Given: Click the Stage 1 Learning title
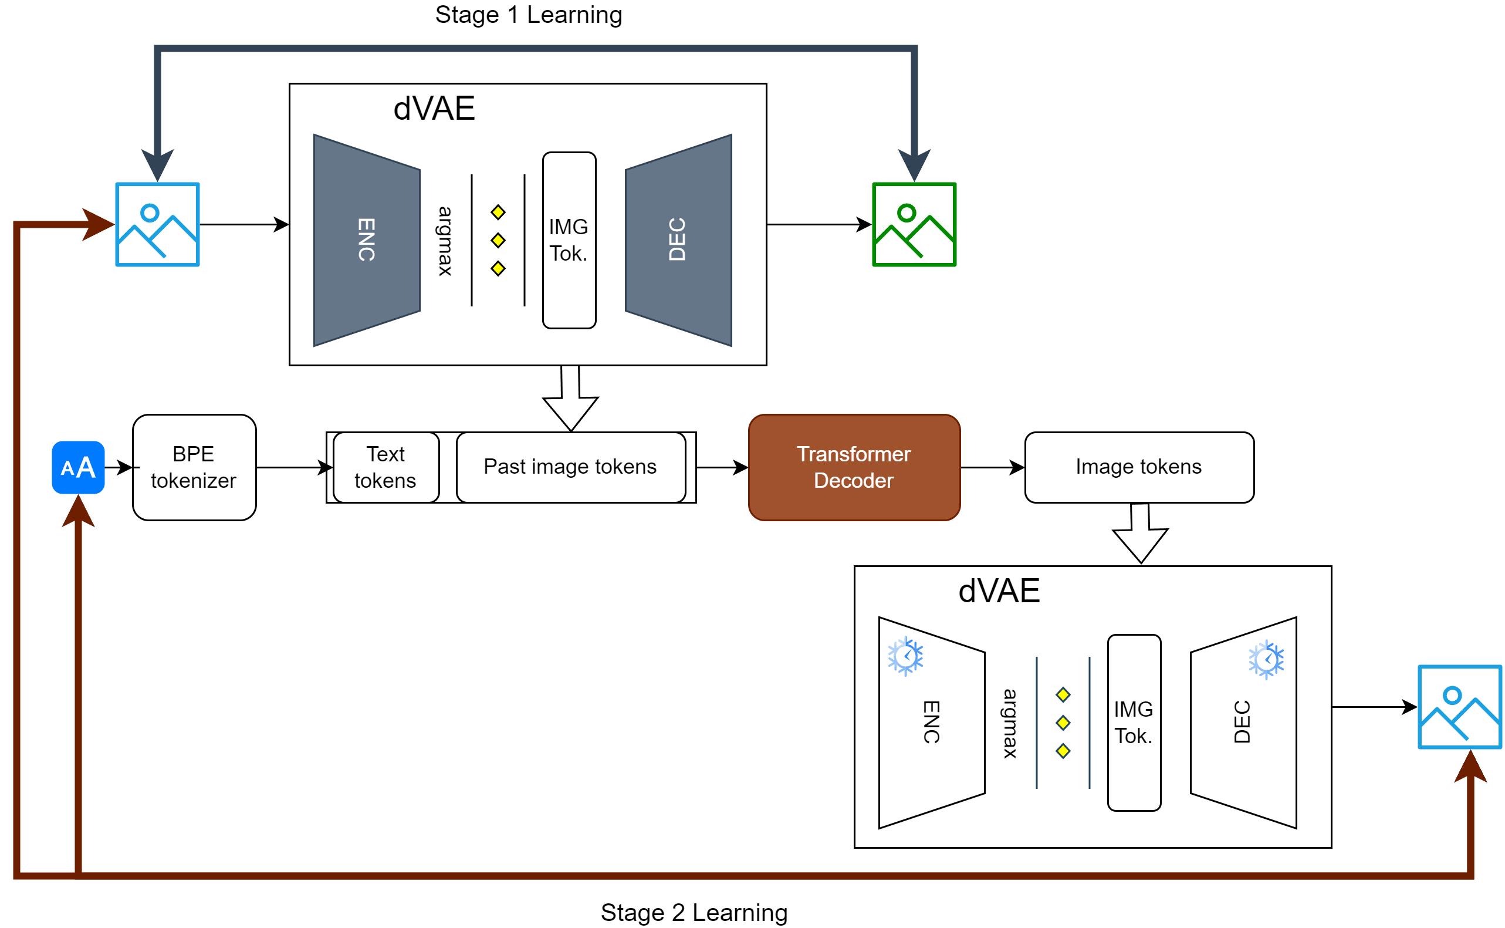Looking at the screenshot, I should click(x=528, y=15).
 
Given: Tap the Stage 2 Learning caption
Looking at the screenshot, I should click(x=694, y=912).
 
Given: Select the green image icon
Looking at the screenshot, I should click(x=914, y=225).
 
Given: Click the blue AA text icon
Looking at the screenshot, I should click(x=78, y=468).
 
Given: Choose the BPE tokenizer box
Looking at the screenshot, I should click(x=194, y=468).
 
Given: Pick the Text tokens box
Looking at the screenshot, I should click(x=385, y=468).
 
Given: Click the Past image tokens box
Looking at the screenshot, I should click(x=570, y=468).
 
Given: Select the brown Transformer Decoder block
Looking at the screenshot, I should click(x=854, y=468).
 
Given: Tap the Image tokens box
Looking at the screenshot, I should click(x=1139, y=468).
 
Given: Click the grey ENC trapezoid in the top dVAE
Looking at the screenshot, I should click(x=366, y=240).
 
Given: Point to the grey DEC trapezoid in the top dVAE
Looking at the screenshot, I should click(x=678, y=240).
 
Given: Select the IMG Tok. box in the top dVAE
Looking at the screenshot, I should click(x=569, y=240).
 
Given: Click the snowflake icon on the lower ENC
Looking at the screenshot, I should click(x=905, y=657).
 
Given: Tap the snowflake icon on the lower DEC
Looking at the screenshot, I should click(x=1266, y=660).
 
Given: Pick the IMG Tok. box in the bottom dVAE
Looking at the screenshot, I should click(x=1133, y=723).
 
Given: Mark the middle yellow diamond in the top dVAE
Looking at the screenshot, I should click(x=498, y=241).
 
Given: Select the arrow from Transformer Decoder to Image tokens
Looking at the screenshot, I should click(x=992, y=468).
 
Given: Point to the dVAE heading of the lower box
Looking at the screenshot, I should click(x=999, y=591).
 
